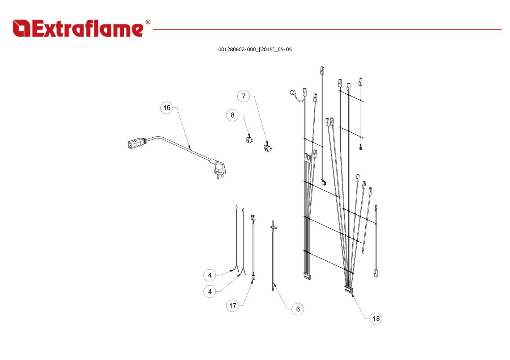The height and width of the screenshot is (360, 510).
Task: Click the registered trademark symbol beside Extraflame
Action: pos(148,22)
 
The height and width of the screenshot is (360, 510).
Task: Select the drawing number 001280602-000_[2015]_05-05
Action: pos(255,50)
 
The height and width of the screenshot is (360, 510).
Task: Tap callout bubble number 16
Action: pos(166,108)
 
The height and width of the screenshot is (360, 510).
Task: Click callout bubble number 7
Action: pos(243,96)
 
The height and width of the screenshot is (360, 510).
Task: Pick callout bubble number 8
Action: pos(232,115)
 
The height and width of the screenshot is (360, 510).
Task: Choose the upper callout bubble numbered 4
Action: pos(210,275)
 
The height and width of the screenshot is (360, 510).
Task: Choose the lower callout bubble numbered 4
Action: pos(210,292)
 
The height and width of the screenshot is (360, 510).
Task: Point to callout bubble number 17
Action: pos(233,306)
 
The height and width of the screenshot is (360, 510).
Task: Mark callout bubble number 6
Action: pos(298,309)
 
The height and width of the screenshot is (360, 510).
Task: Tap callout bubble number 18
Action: pos(376,319)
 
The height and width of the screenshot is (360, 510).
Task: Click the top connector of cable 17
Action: pos(253,218)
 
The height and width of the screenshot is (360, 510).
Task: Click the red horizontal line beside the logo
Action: pos(326,29)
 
